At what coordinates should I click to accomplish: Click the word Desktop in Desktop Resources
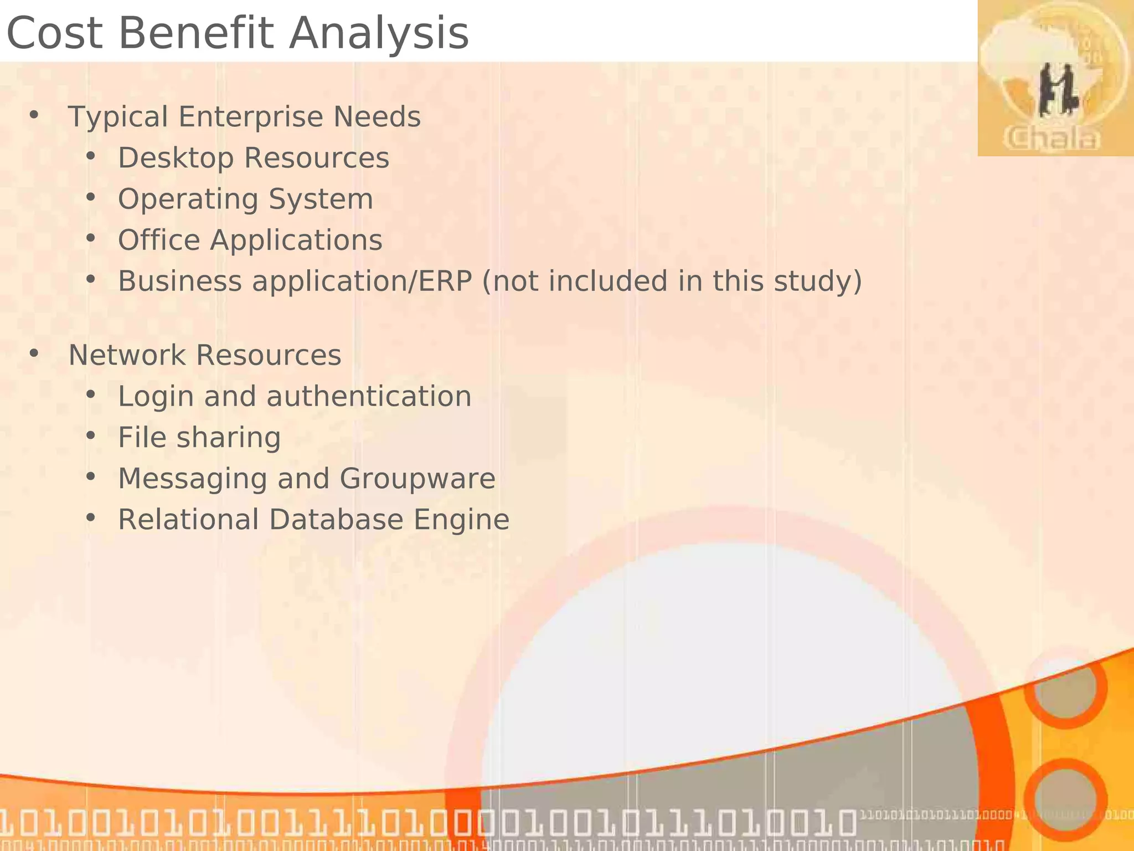176,158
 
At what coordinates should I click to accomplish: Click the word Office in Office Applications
159,240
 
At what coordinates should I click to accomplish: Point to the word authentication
369,397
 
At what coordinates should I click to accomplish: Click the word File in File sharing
142,438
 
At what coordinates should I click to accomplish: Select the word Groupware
417,479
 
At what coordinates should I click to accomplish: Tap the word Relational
188,520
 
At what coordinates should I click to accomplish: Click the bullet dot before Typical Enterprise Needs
34,115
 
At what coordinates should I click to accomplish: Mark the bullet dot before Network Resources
34,353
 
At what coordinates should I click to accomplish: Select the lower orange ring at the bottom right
1065,798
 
